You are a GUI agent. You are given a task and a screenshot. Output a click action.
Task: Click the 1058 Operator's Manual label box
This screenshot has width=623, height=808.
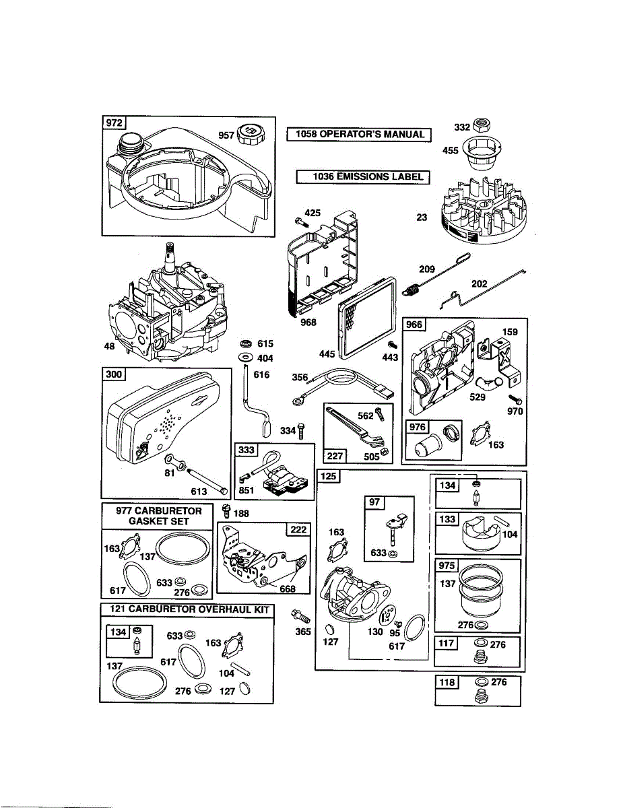(x=359, y=134)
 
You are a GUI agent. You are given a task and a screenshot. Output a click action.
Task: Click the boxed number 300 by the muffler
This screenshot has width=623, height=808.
(x=113, y=374)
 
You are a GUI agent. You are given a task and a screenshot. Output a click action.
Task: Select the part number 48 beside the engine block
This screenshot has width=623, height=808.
(x=110, y=347)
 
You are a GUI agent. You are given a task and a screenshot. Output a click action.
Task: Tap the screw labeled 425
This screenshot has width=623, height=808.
(x=300, y=220)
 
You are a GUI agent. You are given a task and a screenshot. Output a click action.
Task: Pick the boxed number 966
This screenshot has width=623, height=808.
(x=414, y=325)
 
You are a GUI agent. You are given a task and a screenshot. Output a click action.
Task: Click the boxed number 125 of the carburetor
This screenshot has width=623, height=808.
(x=328, y=477)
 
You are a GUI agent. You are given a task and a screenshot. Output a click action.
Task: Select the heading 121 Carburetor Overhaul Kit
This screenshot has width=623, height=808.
(x=187, y=609)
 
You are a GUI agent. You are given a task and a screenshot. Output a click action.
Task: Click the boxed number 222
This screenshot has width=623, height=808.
(x=297, y=529)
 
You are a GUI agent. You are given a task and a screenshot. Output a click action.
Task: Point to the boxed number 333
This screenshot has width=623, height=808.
(x=245, y=450)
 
